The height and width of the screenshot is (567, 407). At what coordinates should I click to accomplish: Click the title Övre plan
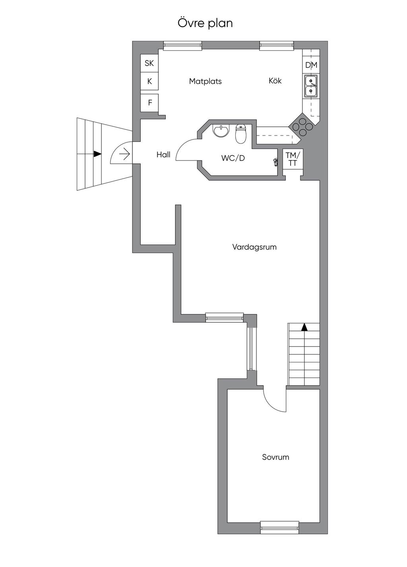coord(205,23)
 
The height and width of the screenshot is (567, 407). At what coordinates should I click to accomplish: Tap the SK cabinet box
coord(149,63)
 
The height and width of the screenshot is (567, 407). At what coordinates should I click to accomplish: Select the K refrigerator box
coord(149,81)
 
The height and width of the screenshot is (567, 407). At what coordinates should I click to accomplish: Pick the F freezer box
coord(150,103)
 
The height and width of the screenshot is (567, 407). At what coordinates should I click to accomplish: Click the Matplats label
coord(205,81)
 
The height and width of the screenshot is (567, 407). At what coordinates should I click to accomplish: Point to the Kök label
coord(275,81)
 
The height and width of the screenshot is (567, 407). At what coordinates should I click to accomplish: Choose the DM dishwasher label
coord(311,65)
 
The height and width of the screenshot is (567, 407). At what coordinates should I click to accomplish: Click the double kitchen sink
coord(311,86)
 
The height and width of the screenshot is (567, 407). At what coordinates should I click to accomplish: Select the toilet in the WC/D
coord(241,134)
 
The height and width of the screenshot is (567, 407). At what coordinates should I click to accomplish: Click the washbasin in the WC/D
coord(221,130)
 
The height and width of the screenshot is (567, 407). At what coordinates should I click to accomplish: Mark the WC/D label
coord(233,158)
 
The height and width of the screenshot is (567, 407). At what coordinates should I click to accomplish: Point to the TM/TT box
coord(293,159)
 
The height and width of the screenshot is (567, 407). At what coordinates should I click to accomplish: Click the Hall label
coord(163,155)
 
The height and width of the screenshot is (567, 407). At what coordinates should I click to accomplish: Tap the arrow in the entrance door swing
coord(124,153)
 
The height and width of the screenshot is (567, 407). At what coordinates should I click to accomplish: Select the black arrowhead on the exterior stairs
coord(97,154)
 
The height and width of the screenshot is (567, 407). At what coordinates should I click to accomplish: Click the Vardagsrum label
coord(254,247)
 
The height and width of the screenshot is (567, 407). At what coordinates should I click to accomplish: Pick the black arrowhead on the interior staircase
coord(304,327)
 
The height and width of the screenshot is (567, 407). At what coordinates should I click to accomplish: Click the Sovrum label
coord(275,457)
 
